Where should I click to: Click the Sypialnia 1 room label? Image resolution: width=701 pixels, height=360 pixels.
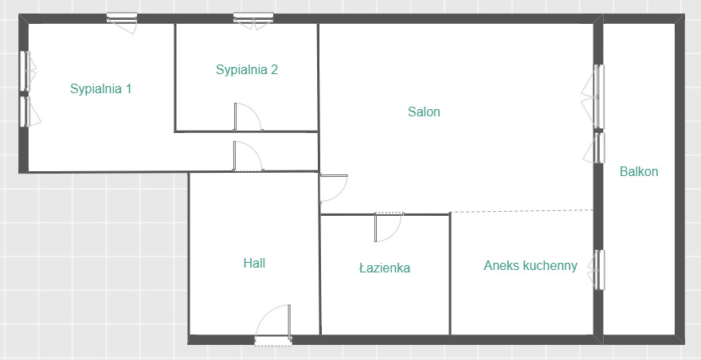100,89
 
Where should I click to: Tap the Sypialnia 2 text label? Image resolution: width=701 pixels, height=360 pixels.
247,70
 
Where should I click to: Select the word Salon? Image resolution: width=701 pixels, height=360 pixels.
424,112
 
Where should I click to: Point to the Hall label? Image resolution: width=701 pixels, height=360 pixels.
254,263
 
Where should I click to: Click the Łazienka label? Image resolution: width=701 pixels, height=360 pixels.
385,268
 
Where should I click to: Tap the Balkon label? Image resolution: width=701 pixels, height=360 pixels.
639,171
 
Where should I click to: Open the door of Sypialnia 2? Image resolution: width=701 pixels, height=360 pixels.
248,117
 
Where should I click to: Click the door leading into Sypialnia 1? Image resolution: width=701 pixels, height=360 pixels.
247,156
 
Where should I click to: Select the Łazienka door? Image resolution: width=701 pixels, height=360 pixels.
389,227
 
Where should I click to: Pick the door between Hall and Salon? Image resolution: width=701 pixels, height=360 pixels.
334,188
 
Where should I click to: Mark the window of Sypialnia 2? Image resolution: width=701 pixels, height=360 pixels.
253,21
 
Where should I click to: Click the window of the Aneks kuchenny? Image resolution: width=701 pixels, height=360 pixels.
597,270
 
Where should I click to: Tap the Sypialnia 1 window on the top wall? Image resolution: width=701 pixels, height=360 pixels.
122,22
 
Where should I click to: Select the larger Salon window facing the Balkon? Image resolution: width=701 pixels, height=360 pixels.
593,96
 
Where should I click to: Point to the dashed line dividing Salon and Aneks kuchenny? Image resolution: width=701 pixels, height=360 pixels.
521,210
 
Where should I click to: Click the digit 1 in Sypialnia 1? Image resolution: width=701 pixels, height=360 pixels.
128,88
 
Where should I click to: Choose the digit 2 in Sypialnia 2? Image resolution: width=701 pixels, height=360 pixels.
275,69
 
